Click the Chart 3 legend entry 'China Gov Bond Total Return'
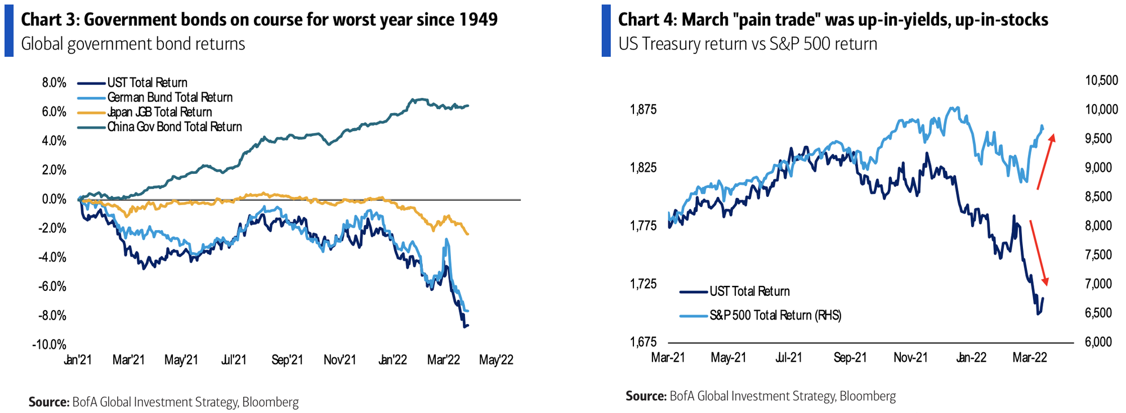coord(175,127)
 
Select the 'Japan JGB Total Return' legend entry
coord(159,113)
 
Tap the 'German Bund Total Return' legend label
coord(169,98)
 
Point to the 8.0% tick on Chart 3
coord(54,83)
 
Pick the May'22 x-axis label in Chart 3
coord(496,360)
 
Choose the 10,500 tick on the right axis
coord(1101,81)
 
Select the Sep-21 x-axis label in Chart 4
coord(850,358)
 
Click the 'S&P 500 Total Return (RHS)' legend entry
coord(775,316)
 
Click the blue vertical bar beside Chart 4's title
coord(606,31)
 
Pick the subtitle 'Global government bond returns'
coord(133,44)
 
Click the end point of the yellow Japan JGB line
coord(468,234)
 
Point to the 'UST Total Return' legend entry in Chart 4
coord(749,291)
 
